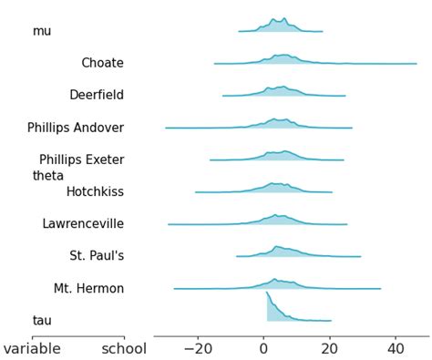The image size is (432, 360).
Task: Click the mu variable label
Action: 42,31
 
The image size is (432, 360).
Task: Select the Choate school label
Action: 102,63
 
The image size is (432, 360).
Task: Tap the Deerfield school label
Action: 97,95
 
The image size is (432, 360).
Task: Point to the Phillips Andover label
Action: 76,128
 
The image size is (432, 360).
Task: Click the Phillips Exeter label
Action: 81,159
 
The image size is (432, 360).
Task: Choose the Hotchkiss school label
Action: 95,191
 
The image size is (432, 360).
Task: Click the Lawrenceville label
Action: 83,223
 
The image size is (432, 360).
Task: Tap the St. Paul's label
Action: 97,256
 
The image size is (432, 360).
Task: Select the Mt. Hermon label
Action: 88,288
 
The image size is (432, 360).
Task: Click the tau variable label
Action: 42,320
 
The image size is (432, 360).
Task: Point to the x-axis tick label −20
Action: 197,348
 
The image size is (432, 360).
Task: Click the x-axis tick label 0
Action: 263,348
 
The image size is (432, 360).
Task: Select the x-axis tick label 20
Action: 329,348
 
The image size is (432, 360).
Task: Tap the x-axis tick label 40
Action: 396,348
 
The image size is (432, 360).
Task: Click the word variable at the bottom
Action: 32,348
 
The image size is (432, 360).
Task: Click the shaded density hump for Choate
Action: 283,59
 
